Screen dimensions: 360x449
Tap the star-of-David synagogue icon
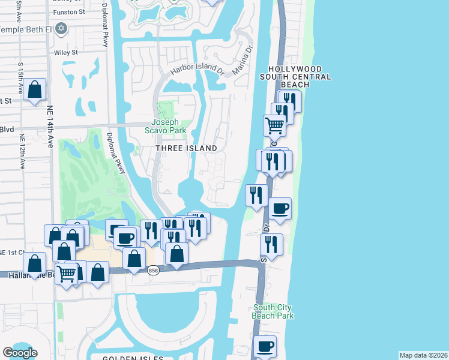click(61, 28)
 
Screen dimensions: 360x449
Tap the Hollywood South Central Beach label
click(295, 77)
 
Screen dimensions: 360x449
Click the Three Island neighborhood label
click(185, 148)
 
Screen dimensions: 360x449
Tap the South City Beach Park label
click(273, 311)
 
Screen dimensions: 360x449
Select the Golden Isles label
click(133, 358)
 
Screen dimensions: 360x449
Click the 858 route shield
click(154, 271)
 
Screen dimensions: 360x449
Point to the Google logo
click(20, 353)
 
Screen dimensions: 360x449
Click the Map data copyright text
click(423, 355)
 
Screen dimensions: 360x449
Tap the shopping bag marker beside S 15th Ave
click(35, 90)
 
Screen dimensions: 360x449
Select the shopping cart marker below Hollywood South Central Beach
click(274, 125)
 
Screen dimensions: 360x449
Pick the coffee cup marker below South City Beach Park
click(265, 346)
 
